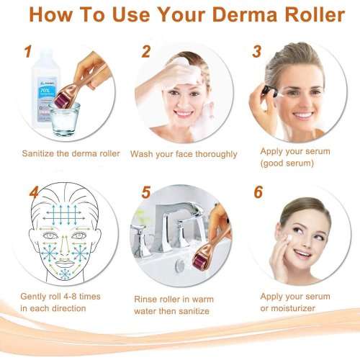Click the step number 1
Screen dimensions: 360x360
click(x=27, y=52)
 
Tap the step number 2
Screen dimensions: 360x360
click(x=145, y=52)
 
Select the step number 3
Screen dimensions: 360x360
click(x=257, y=52)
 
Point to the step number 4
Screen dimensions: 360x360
click(x=33, y=192)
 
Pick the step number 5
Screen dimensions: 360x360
click(x=145, y=193)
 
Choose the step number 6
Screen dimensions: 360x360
click(x=257, y=193)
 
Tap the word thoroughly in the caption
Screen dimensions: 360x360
click(x=213, y=153)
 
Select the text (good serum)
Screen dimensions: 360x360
click(x=287, y=165)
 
